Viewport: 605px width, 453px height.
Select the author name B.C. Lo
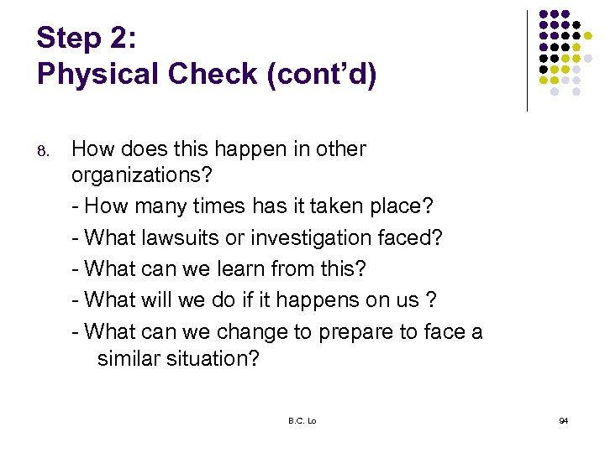tap(302, 420)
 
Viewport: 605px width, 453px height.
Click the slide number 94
tap(563, 420)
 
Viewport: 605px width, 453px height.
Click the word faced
tap(409, 238)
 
